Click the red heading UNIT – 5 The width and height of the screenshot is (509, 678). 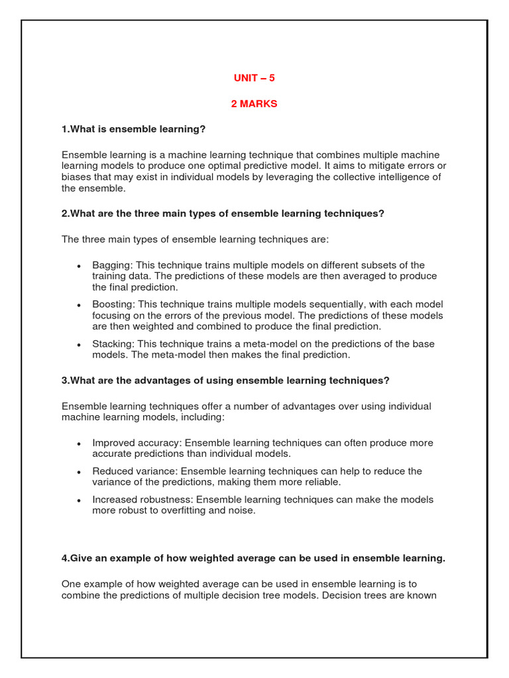tap(254, 78)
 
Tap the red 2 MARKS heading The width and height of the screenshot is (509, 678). tap(254, 104)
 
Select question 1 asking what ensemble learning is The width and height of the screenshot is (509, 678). tap(133, 128)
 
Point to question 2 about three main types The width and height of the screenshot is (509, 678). tap(223, 214)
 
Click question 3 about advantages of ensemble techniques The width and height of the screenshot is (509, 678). tap(225, 381)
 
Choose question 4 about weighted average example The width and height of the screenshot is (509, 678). tap(253, 559)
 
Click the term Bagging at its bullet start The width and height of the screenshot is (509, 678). tap(109, 265)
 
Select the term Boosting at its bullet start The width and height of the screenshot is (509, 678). tap(111, 304)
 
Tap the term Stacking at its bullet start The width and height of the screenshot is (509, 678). tap(111, 344)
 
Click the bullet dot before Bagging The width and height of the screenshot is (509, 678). tap(79, 266)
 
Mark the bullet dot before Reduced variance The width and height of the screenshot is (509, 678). tap(79, 472)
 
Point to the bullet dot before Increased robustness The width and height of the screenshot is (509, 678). tap(79, 501)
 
